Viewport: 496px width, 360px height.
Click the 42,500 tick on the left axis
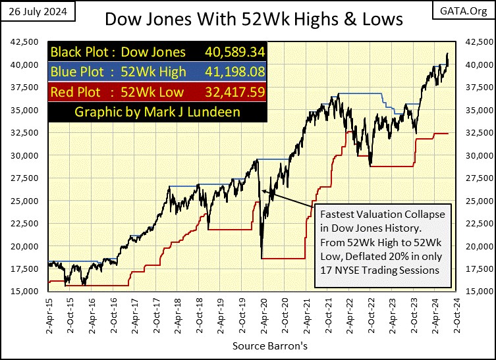[25, 41]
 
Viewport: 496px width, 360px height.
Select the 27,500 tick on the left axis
[25, 178]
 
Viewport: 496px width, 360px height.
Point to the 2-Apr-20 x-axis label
[263, 317]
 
